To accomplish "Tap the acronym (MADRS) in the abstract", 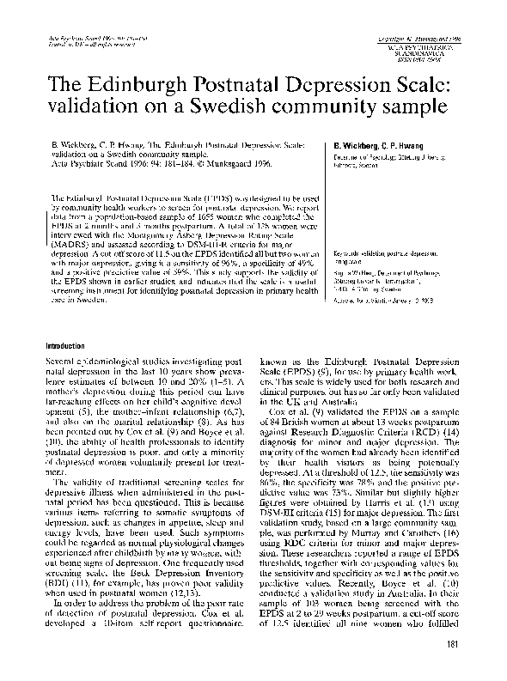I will click(68, 243).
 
